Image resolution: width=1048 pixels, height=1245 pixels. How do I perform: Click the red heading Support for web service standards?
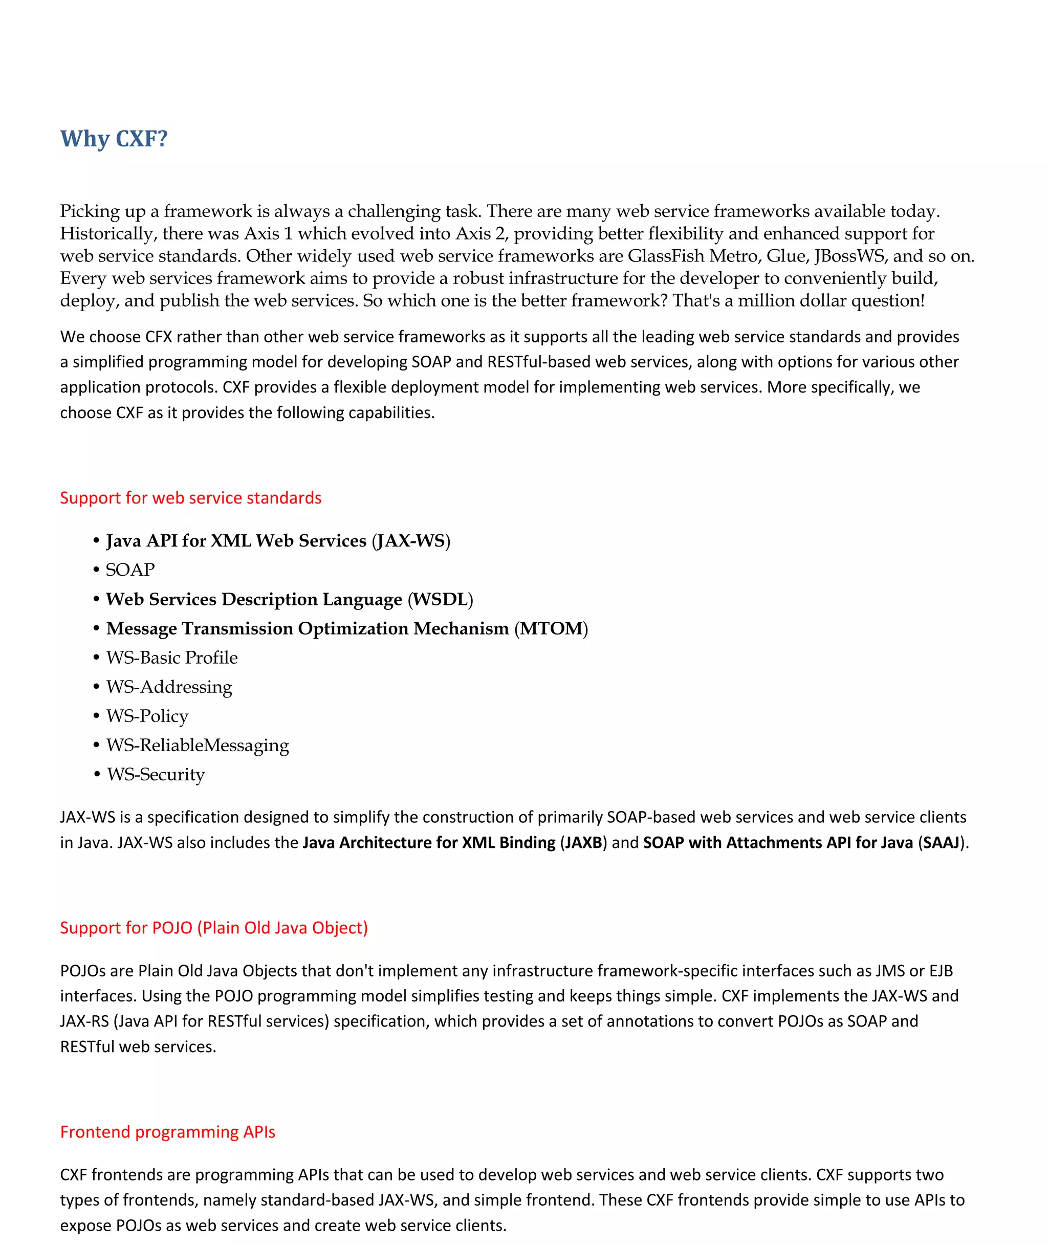(x=190, y=498)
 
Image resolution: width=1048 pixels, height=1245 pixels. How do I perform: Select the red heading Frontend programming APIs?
(x=167, y=1131)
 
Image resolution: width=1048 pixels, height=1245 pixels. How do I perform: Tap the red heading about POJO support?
(x=214, y=927)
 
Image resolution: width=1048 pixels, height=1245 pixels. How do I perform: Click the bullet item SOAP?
(x=130, y=570)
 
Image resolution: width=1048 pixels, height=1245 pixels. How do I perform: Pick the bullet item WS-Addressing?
(x=169, y=687)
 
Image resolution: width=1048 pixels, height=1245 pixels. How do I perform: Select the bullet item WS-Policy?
(x=147, y=716)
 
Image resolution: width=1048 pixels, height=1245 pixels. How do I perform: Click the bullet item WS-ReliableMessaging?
(x=197, y=745)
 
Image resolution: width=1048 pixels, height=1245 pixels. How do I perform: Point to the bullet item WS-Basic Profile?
(x=172, y=658)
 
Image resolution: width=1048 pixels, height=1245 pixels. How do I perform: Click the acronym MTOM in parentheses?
(x=551, y=628)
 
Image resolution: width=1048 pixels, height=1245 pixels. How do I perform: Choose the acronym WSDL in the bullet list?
(x=440, y=599)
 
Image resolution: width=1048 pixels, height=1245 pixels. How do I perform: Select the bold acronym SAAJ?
(x=941, y=842)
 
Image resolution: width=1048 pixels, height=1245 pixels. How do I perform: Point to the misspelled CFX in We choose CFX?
(x=159, y=337)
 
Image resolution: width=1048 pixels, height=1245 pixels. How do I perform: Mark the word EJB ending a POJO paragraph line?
(x=941, y=971)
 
